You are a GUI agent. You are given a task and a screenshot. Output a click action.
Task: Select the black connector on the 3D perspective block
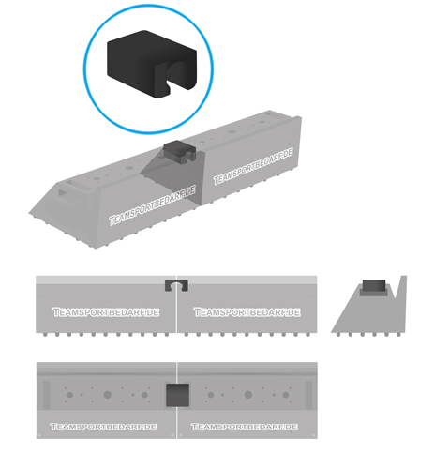point(179,151)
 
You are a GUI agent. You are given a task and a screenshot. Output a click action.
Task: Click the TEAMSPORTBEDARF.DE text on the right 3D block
point(253,166)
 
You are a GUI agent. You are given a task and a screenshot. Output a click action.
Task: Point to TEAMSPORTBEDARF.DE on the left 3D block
point(153,205)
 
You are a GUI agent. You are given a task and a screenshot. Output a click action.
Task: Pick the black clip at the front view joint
point(176,285)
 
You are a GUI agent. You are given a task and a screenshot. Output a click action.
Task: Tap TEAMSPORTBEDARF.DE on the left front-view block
point(106,312)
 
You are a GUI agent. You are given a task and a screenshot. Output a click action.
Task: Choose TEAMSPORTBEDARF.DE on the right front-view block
point(247,312)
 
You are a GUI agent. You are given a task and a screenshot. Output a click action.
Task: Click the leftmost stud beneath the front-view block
point(45,335)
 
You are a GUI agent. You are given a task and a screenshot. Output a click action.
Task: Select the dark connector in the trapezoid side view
point(374,285)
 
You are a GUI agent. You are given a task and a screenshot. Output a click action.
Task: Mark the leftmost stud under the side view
point(338,335)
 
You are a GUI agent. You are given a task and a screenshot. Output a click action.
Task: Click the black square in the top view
point(177,395)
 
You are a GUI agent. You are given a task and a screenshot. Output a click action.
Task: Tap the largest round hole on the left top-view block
point(107,395)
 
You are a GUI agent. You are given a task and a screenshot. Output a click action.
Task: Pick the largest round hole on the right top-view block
point(248,395)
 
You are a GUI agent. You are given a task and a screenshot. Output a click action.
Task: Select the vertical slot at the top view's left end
point(47,395)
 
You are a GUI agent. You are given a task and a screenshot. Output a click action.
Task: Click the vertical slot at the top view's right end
point(308,395)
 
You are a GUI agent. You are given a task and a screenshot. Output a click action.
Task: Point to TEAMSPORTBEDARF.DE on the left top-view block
point(103,426)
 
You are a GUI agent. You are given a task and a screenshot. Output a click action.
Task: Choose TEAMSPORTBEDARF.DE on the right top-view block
point(245,426)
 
